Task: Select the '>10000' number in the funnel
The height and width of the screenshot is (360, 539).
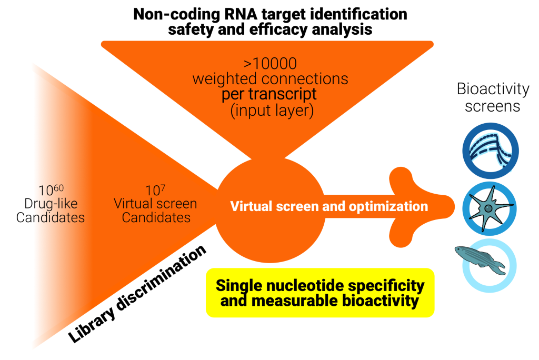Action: [x=270, y=64]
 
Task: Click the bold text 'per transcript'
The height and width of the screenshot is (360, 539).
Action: [x=271, y=95]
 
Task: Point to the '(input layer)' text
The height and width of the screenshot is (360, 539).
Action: [x=271, y=111]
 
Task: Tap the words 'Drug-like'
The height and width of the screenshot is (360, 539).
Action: [x=51, y=204]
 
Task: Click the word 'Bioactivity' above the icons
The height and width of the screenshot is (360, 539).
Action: [x=493, y=89]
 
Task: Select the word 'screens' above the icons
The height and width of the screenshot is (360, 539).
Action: [x=493, y=106]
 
